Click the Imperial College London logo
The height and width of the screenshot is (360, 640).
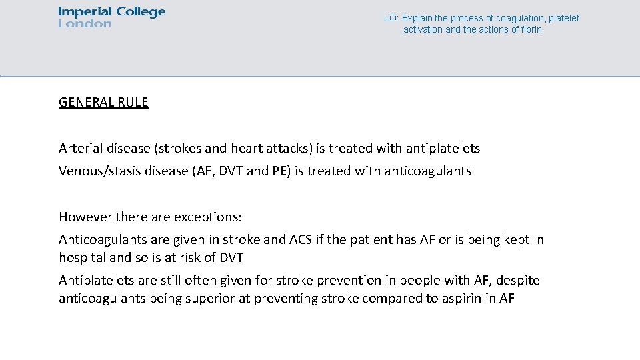click(x=111, y=17)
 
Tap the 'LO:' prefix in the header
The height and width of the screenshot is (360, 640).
click(x=391, y=19)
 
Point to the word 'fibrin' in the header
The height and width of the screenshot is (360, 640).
click(x=531, y=30)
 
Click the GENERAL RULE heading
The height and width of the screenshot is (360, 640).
click(x=103, y=103)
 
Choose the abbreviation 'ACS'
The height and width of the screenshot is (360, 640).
click(x=301, y=239)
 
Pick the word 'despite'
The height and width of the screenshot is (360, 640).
click(x=518, y=281)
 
